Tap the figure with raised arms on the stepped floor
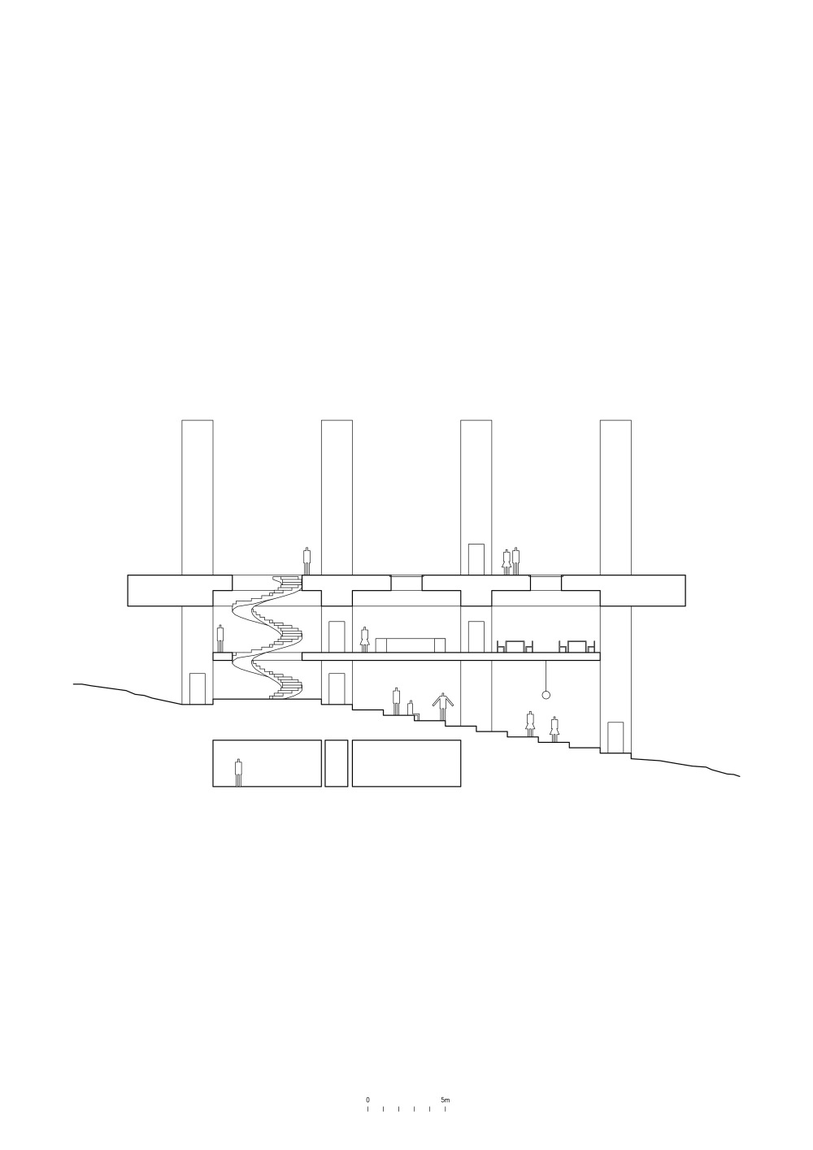[x=442, y=706]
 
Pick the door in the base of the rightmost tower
[x=615, y=737]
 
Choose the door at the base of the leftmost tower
[x=198, y=688]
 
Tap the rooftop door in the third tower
[x=476, y=558]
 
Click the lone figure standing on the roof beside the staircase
[x=307, y=561]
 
